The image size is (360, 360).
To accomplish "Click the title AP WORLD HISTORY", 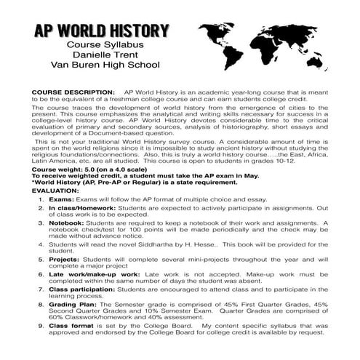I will pos(102,32).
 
